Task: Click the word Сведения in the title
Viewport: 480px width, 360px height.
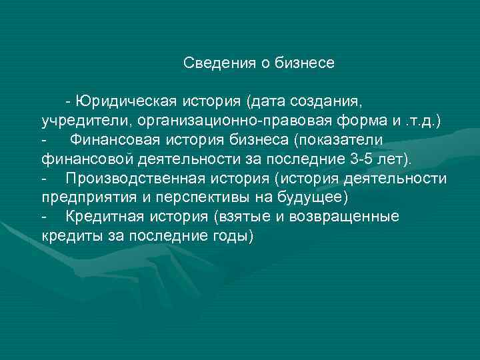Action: coord(213,63)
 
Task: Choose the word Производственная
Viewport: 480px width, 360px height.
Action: coord(129,179)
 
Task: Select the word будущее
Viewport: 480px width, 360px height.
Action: coord(309,199)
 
